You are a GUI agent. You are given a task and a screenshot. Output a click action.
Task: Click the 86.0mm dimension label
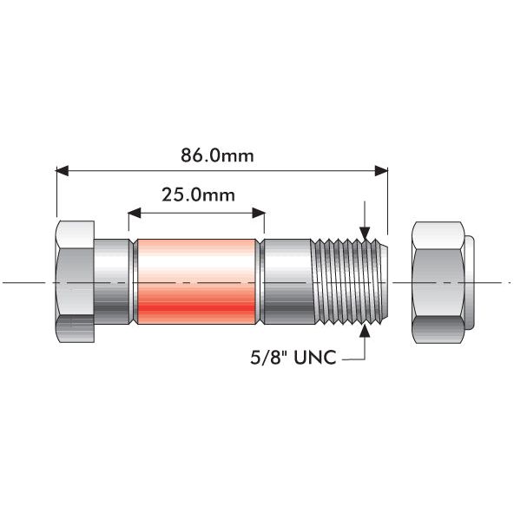tap(220, 156)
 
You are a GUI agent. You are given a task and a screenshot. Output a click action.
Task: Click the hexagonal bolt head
tap(75, 281)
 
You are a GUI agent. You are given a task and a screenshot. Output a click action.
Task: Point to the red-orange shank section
tap(196, 281)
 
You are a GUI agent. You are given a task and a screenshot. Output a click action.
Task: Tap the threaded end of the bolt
tap(347, 281)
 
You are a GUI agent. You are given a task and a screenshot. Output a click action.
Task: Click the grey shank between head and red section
tap(113, 281)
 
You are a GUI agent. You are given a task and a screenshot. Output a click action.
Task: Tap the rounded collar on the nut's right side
tap(469, 281)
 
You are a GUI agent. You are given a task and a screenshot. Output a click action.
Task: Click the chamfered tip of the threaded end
tap(383, 281)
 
